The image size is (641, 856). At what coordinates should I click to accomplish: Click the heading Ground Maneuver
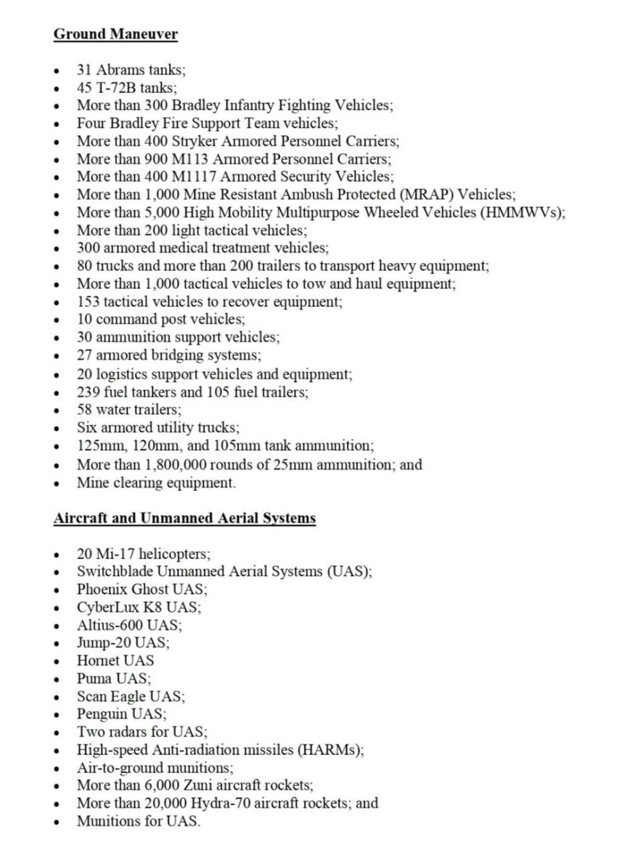coord(115,33)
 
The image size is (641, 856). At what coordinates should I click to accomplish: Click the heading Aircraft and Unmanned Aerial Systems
coord(184,518)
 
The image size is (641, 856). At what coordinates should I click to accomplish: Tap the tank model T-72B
coord(116,88)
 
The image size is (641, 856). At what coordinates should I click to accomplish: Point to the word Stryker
coord(193,141)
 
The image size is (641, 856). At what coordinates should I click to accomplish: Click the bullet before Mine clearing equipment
coord(58,484)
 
